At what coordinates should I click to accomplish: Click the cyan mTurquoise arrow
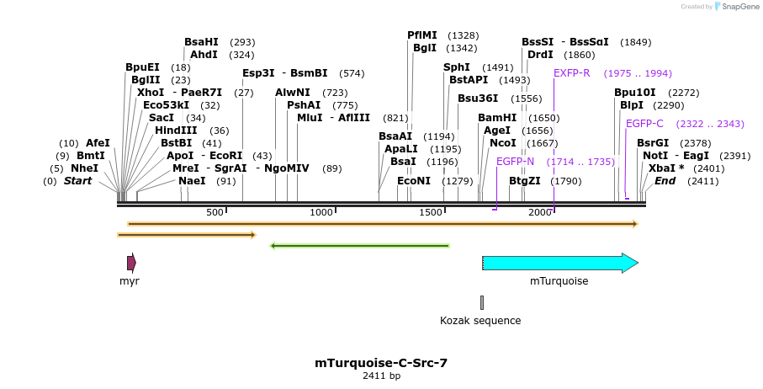(x=560, y=263)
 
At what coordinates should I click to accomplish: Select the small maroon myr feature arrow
(x=131, y=263)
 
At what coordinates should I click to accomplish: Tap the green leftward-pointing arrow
(x=359, y=246)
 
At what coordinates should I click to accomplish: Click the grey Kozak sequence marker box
(x=482, y=302)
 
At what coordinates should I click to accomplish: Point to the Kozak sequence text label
(x=480, y=320)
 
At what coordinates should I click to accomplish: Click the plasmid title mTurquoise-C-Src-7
(x=381, y=363)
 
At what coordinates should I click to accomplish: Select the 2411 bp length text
(x=382, y=376)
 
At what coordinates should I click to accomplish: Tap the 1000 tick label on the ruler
(x=321, y=212)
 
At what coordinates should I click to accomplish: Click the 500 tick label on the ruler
(x=215, y=212)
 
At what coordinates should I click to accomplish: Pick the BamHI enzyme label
(x=497, y=118)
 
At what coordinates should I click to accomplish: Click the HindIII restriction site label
(x=176, y=131)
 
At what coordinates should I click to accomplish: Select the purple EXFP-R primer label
(x=572, y=73)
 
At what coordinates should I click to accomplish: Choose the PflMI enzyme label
(x=422, y=35)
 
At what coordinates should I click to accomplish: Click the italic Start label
(x=78, y=181)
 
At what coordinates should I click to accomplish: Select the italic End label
(x=665, y=181)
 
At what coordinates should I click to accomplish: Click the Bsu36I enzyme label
(x=478, y=99)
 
